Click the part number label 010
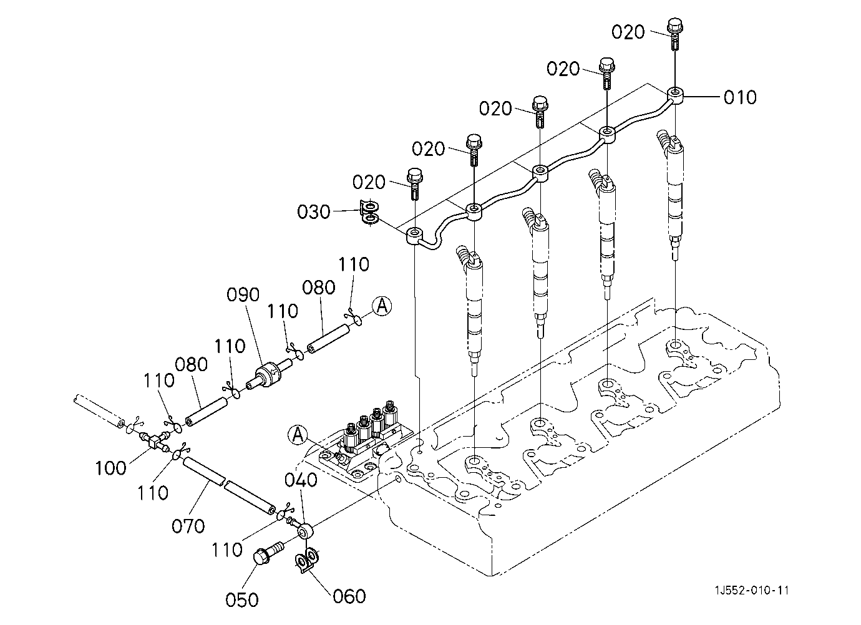coord(740,97)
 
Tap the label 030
coord(314,212)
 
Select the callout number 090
coord(243,294)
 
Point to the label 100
coord(110,468)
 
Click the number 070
coord(188,526)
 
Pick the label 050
coord(242,600)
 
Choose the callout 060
coord(349,596)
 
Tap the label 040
coord(301,480)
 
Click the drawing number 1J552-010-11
coord(751,590)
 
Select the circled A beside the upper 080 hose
coord(382,306)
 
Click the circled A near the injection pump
coord(298,435)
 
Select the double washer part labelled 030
coord(370,213)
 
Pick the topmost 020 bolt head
coord(675,25)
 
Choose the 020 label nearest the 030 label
coord(369,182)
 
